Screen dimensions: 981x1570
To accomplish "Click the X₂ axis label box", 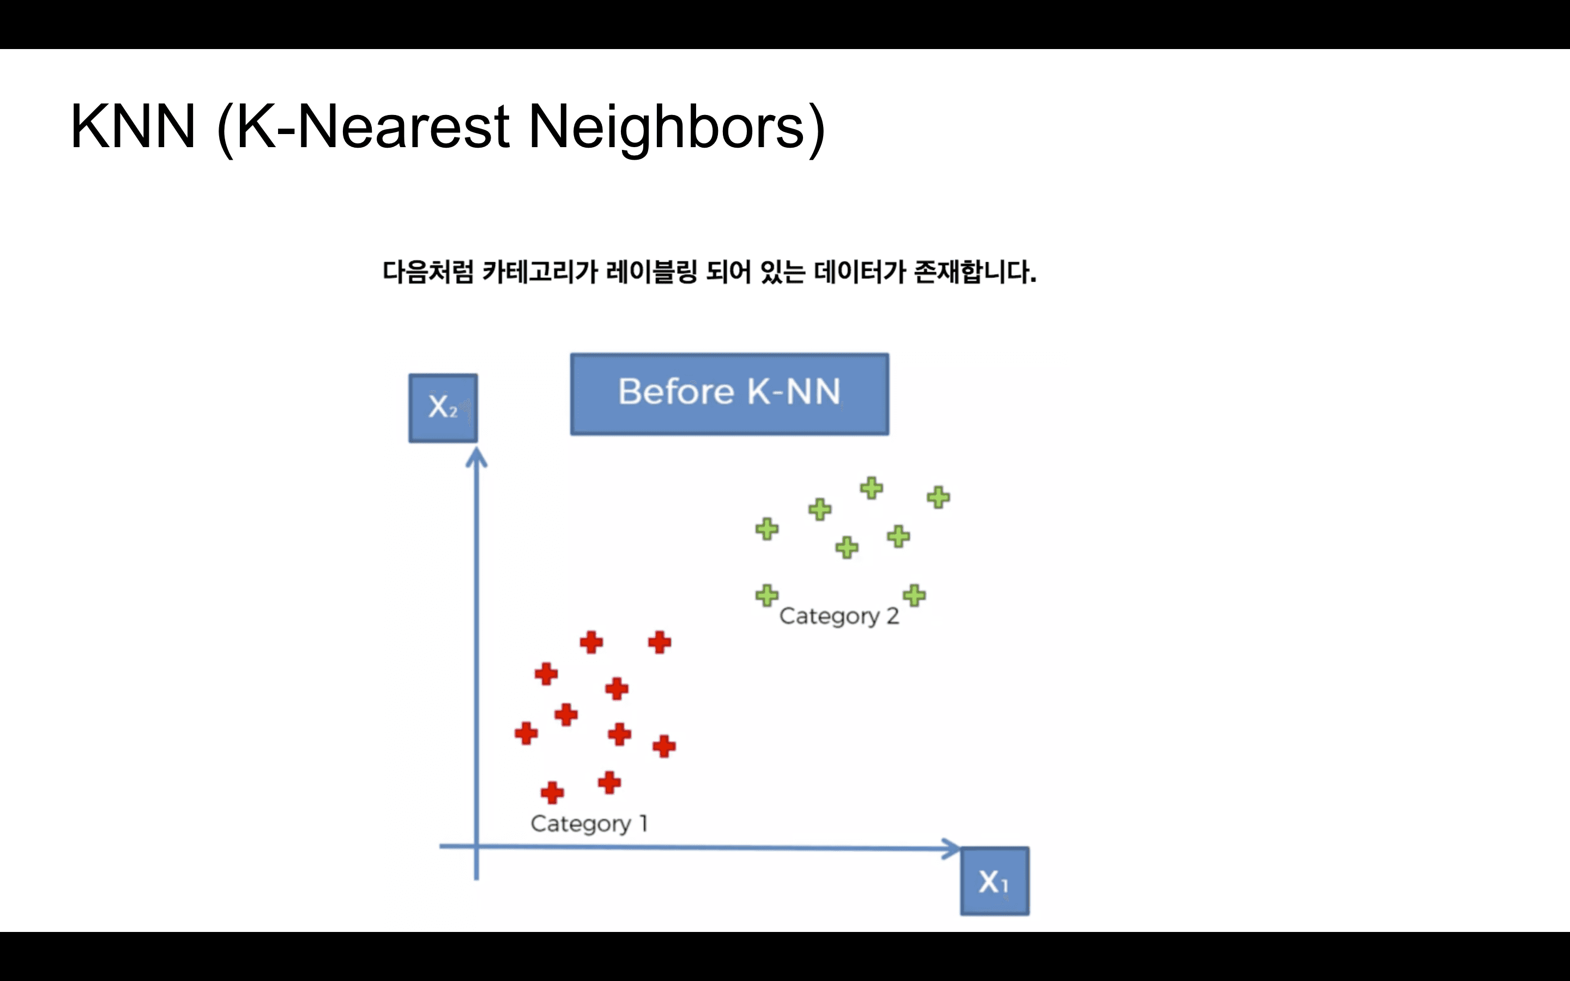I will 443,408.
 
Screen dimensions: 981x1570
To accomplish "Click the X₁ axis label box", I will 994,881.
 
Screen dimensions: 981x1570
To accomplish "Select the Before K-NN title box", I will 729,394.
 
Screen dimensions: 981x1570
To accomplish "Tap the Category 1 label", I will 588,823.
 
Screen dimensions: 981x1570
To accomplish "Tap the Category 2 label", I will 839,616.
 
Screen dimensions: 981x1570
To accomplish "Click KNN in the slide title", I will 133,126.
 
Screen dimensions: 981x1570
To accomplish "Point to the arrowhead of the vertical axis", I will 477,459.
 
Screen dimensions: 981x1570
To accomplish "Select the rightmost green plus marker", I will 938,498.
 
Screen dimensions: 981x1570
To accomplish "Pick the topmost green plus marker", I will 871,488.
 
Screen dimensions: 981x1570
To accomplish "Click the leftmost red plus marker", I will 526,734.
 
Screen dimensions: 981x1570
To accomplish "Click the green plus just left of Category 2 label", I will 767,595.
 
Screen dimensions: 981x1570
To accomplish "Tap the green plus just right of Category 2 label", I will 914,595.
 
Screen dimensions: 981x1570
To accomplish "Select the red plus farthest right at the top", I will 659,643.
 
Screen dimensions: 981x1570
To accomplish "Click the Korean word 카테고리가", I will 540,272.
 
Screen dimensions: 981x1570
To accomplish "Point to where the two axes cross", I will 477,846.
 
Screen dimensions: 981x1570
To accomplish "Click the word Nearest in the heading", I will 403,126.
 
